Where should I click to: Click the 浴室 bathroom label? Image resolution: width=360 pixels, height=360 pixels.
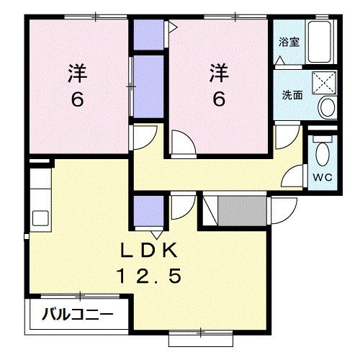[290, 41]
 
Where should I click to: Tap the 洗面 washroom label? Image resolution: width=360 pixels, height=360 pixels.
[291, 95]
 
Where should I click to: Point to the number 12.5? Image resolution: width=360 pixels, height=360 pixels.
[153, 276]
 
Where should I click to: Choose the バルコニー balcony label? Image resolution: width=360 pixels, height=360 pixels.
[76, 315]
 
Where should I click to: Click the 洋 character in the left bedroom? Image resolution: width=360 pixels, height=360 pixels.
[77, 72]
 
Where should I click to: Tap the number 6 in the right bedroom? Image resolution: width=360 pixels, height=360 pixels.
[219, 99]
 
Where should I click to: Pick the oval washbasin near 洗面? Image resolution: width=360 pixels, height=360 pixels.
[328, 109]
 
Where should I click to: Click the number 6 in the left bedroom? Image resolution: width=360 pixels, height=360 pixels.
[77, 99]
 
